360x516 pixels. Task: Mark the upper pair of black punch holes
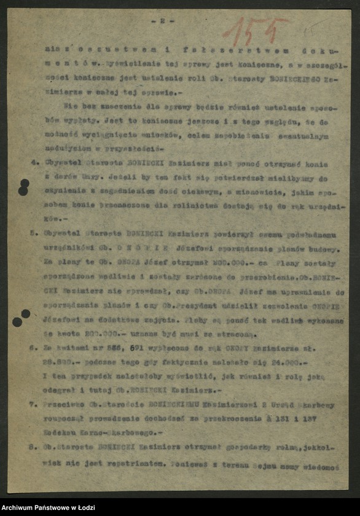[x=23, y=187]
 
